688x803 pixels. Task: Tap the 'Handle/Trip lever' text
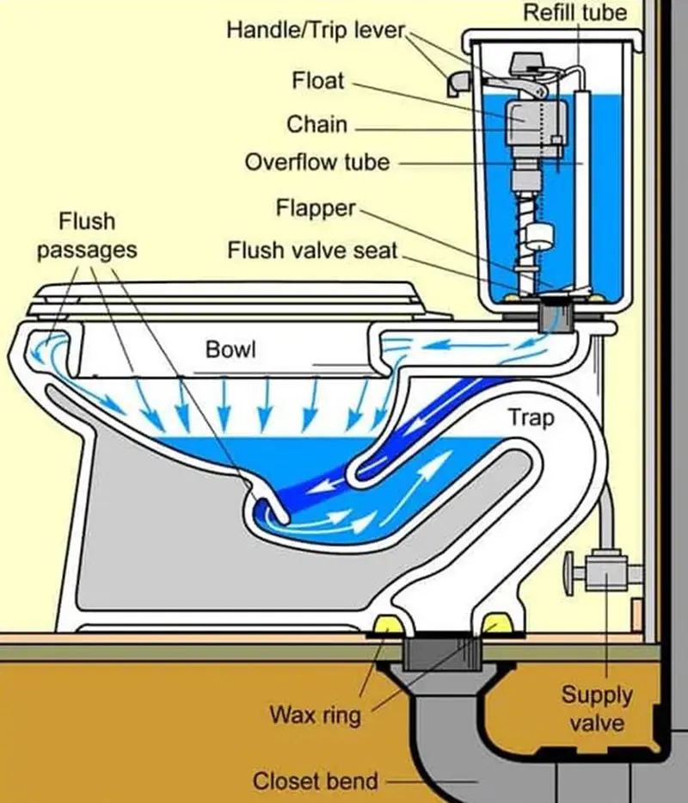pyautogui.click(x=315, y=30)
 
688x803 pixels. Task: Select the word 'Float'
pyautogui.click(x=317, y=81)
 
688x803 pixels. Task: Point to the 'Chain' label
pyautogui.click(x=316, y=124)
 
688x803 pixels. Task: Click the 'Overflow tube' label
pyautogui.click(x=316, y=162)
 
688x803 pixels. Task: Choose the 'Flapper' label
pyautogui.click(x=315, y=208)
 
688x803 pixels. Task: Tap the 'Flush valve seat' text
pyautogui.click(x=313, y=250)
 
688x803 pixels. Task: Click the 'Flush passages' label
pyautogui.click(x=86, y=236)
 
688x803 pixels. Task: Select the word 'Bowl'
pyautogui.click(x=231, y=349)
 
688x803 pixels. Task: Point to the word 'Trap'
pyautogui.click(x=531, y=418)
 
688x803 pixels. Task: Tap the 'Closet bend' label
pyautogui.click(x=315, y=781)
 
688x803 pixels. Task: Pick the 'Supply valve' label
pyautogui.click(x=597, y=707)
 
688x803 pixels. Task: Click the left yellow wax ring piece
pyautogui.click(x=387, y=623)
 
